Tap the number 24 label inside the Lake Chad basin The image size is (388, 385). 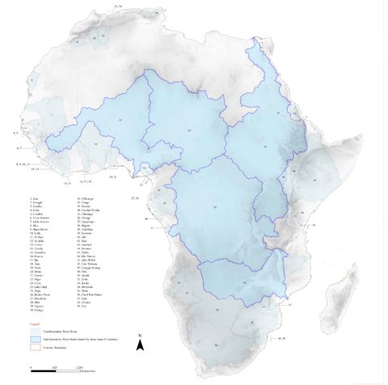[188, 129]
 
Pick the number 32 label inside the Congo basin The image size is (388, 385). [214, 208]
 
